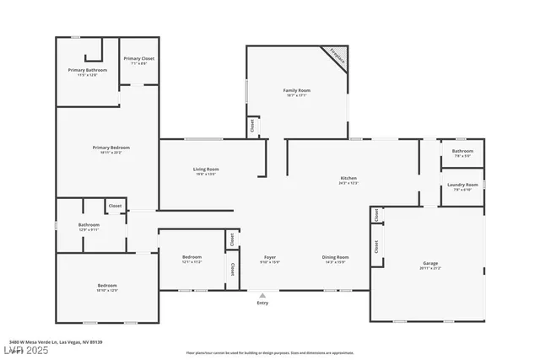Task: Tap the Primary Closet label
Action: (x=138, y=59)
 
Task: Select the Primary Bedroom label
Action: (x=111, y=148)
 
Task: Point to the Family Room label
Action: (x=296, y=91)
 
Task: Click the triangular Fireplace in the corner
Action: (x=339, y=56)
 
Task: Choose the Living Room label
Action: (x=206, y=170)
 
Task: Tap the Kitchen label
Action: (x=348, y=179)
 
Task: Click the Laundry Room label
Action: (x=462, y=185)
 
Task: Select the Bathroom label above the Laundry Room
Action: (x=462, y=152)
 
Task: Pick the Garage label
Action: (x=430, y=265)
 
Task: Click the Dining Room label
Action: (x=335, y=257)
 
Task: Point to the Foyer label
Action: (x=270, y=257)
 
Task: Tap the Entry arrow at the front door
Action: (x=262, y=295)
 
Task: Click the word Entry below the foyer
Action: (x=262, y=303)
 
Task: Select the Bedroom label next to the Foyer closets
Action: (x=192, y=257)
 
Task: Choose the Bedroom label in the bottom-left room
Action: (x=107, y=287)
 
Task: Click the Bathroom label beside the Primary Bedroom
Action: (x=89, y=226)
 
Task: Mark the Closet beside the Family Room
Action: (x=251, y=126)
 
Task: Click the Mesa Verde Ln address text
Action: (x=56, y=341)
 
